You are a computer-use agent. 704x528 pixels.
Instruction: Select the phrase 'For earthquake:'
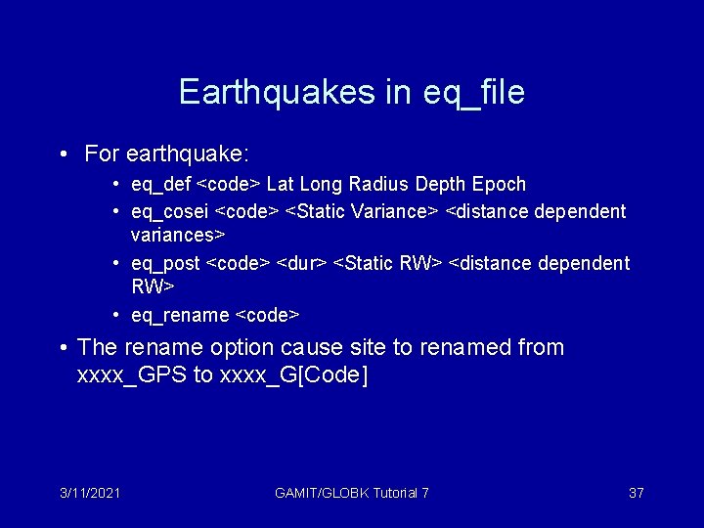click(x=167, y=154)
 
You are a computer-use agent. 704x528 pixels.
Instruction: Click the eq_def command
click(x=161, y=185)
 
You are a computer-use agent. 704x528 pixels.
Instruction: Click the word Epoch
click(x=499, y=185)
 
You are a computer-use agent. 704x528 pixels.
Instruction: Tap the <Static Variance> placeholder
click(x=362, y=211)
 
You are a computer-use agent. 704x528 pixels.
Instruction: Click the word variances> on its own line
click(x=178, y=235)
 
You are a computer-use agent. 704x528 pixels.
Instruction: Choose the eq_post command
click(x=165, y=263)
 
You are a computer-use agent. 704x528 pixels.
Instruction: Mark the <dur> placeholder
click(x=302, y=263)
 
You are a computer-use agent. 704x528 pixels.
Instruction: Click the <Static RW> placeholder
click(x=388, y=263)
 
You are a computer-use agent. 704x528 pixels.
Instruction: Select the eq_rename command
click(x=182, y=315)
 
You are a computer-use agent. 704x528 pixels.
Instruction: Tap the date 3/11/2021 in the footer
click(x=89, y=493)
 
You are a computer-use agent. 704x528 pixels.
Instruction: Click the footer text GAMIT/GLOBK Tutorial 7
click(x=352, y=493)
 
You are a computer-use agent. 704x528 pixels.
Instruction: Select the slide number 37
click(x=636, y=493)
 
